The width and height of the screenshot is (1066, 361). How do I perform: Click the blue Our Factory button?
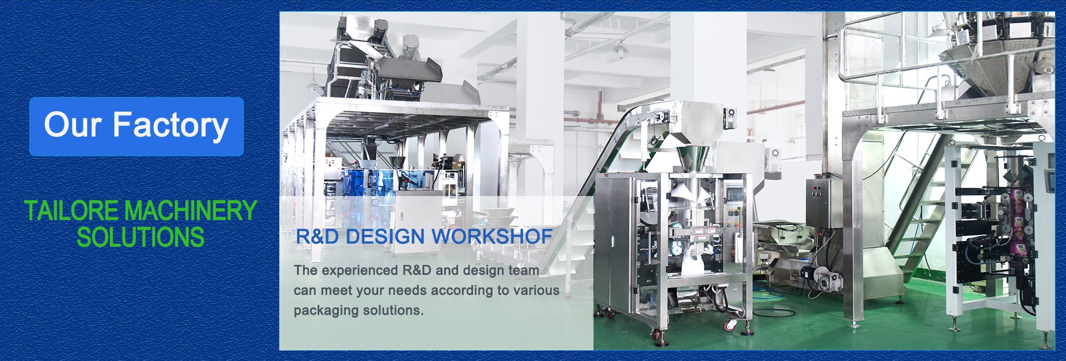pyautogui.click(x=137, y=126)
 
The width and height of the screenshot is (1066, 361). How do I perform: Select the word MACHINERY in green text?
pyautogui.click(x=190, y=211)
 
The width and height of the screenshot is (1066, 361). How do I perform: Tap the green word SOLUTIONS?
pyautogui.click(x=140, y=238)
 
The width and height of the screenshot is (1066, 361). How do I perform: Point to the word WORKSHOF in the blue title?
pyautogui.click(x=492, y=237)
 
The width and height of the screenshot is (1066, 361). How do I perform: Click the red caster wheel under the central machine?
pyautogui.click(x=658, y=335)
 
